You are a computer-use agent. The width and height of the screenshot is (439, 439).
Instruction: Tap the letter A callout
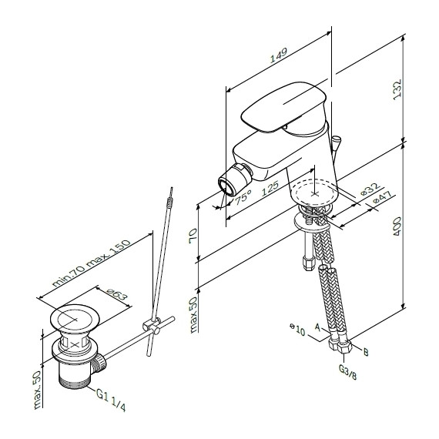pyautogui.click(x=317, y=327)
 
